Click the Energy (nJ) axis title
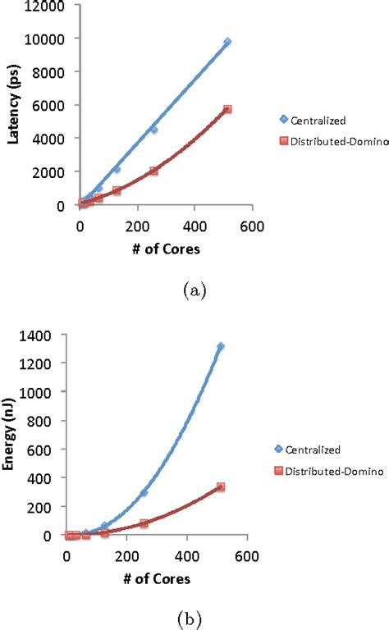13,436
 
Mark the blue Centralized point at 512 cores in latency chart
227,41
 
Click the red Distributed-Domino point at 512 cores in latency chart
227,109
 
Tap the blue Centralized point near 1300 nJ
220,347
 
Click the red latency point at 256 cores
153,171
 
